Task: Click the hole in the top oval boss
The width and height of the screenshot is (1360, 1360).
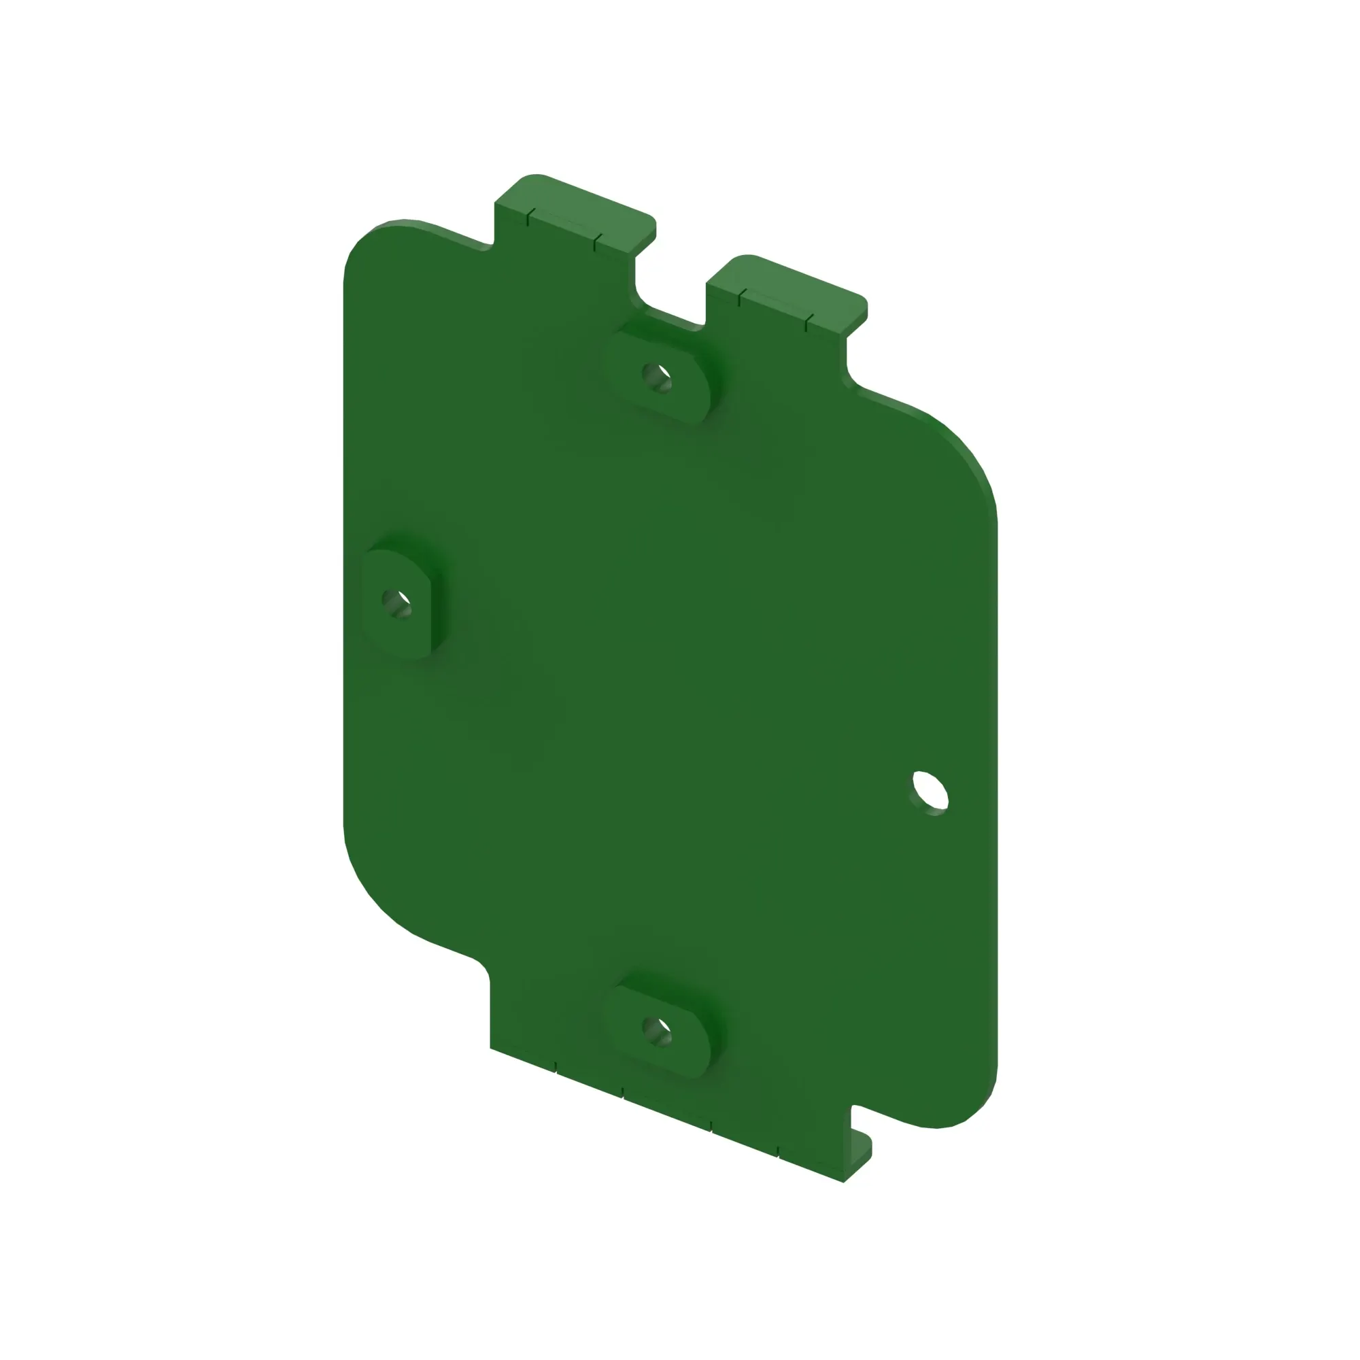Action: click(x=657, y=377)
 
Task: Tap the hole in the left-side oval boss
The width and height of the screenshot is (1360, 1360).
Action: click(x=396, y=602)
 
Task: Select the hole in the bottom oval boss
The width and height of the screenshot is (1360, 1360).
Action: click(x=657, y=1032)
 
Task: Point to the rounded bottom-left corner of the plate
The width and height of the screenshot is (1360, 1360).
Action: click(x=373, y=887)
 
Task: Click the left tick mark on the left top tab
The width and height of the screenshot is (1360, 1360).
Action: click(x=528, y=218)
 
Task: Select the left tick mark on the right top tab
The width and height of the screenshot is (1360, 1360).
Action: click(x=739, y=299)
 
